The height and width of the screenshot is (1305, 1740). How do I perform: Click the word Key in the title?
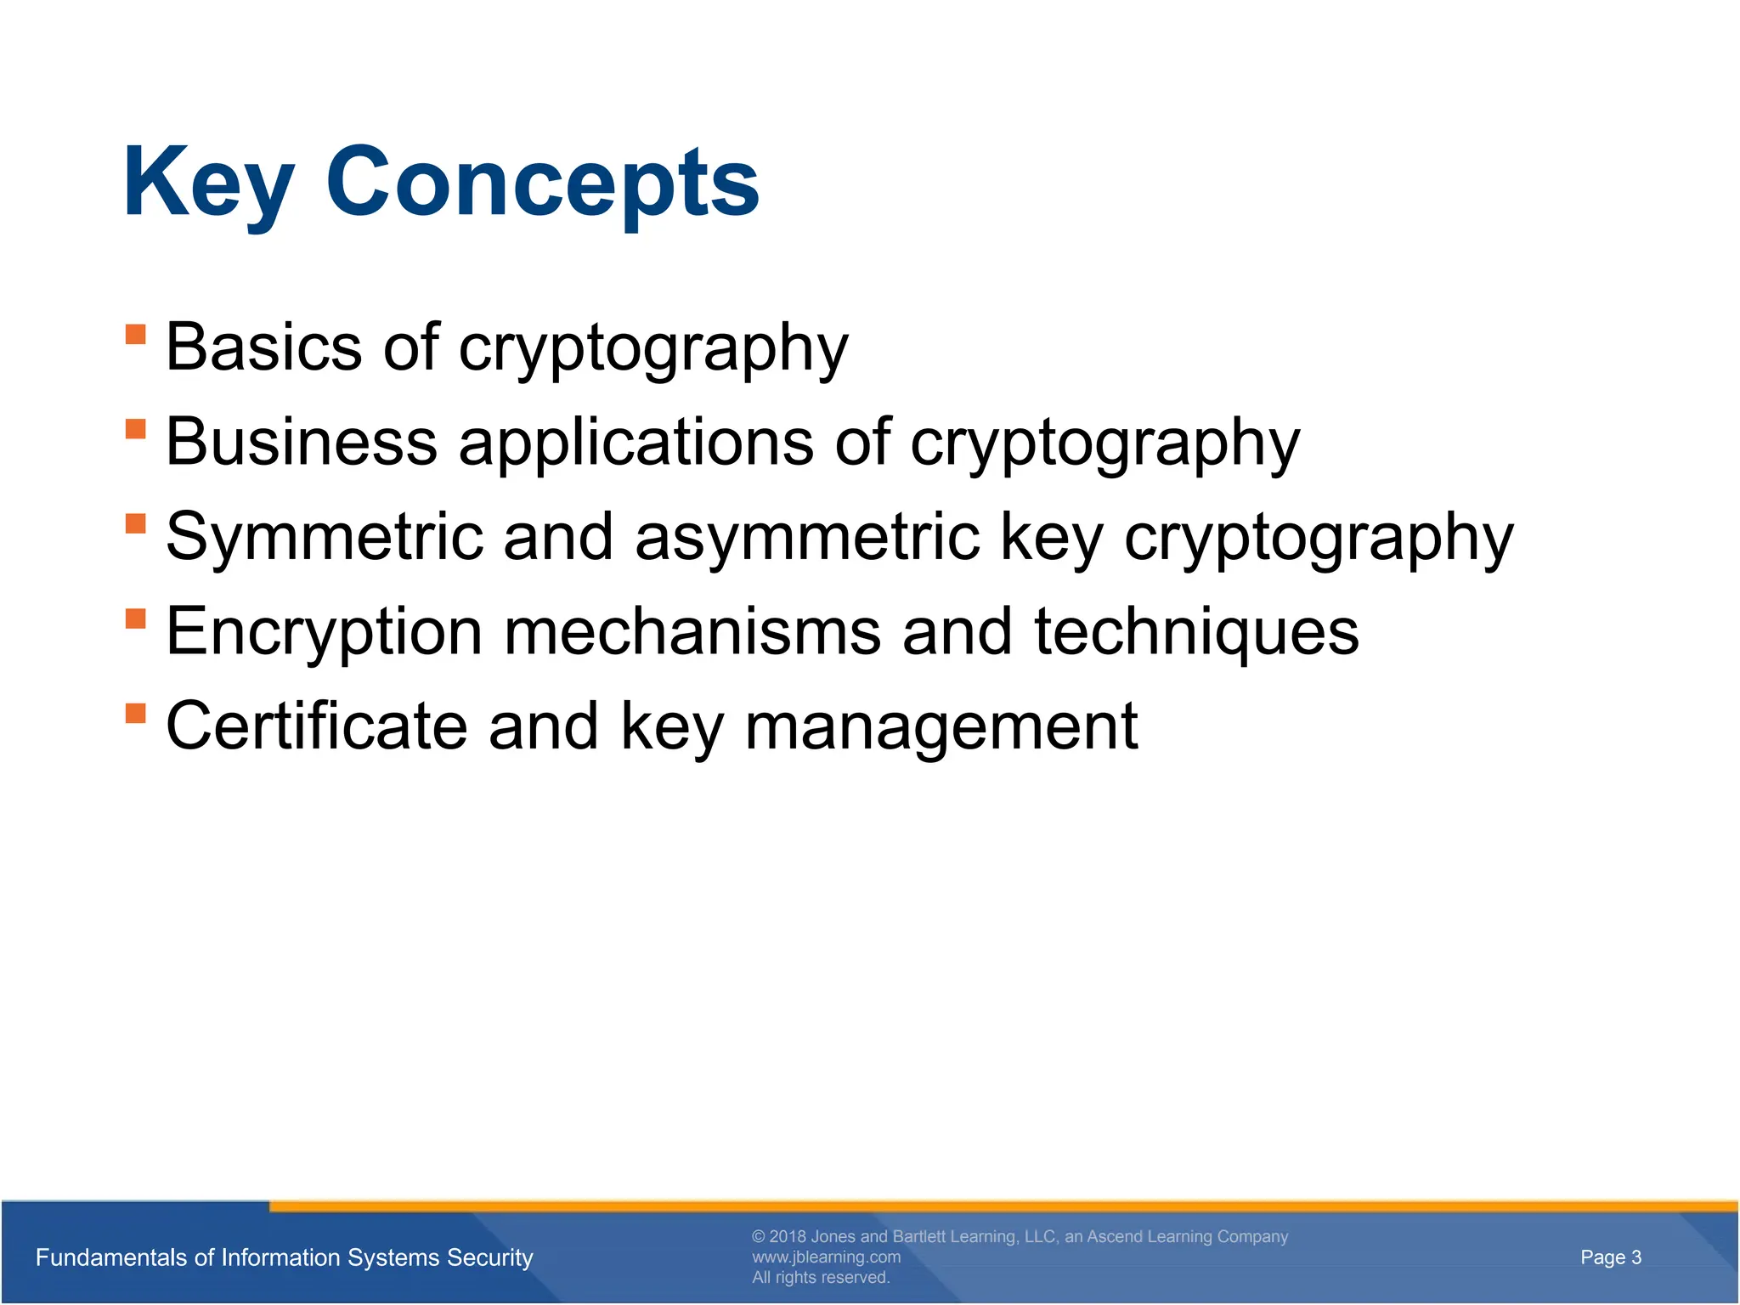[x=208, y=183]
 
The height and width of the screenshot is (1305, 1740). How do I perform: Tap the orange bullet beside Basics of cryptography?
[x=136, y=333]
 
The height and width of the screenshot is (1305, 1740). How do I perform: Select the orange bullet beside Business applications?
[x=136, y=427]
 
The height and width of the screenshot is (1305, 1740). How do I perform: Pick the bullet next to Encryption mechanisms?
[x=136, y=617]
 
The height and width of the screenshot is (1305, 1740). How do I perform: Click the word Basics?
[x=263, y=347]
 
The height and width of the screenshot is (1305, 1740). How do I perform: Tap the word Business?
[x=302, y=442]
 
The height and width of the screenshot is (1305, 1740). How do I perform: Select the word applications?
[x=636, y=442]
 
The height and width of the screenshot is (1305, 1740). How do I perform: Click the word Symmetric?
[x=324, y=537]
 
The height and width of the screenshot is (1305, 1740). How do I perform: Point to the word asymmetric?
[x=807, y=537]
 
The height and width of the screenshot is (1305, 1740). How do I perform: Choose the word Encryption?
[x=324, y=632]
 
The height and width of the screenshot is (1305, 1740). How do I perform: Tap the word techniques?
[x=1196, y=632]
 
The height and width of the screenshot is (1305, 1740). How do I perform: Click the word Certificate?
[x=316, y=726]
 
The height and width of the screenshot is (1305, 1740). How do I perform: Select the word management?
[x=941, y=726]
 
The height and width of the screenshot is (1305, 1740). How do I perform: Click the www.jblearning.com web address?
[x=826, y=1257]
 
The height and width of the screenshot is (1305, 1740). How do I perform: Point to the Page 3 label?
[x=1611, y=1257]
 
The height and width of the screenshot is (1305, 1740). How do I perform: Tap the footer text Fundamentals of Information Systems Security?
[x=284, y=1257]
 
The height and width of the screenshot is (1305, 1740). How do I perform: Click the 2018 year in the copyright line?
[x=788, y=1236]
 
